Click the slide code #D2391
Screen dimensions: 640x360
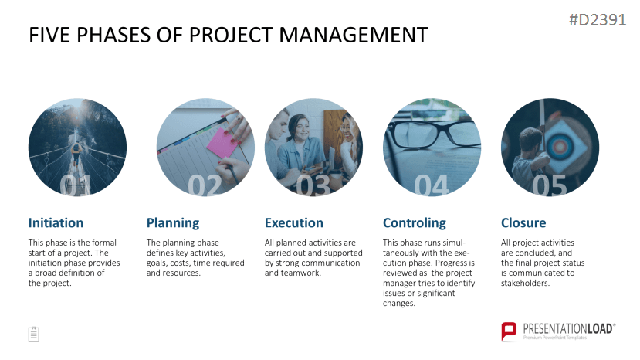(598, 20)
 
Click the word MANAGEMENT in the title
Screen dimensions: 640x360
(354, 35)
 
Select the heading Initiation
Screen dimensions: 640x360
(56, 222)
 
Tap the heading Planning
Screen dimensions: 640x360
(173, 223)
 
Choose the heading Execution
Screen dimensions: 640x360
(294, 222)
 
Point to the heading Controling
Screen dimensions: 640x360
(415, 223)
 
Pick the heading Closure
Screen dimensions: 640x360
(523, 222)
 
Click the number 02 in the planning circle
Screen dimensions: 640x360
(205, 186)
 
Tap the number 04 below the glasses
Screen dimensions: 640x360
(432, 186)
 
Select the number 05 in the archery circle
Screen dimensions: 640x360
(550, 186)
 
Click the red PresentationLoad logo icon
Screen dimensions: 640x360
(509, 331)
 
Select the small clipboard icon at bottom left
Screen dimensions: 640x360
(34, 335)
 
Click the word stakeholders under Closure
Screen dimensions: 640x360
(525, 283)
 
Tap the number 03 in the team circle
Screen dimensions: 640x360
(313, 186)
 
